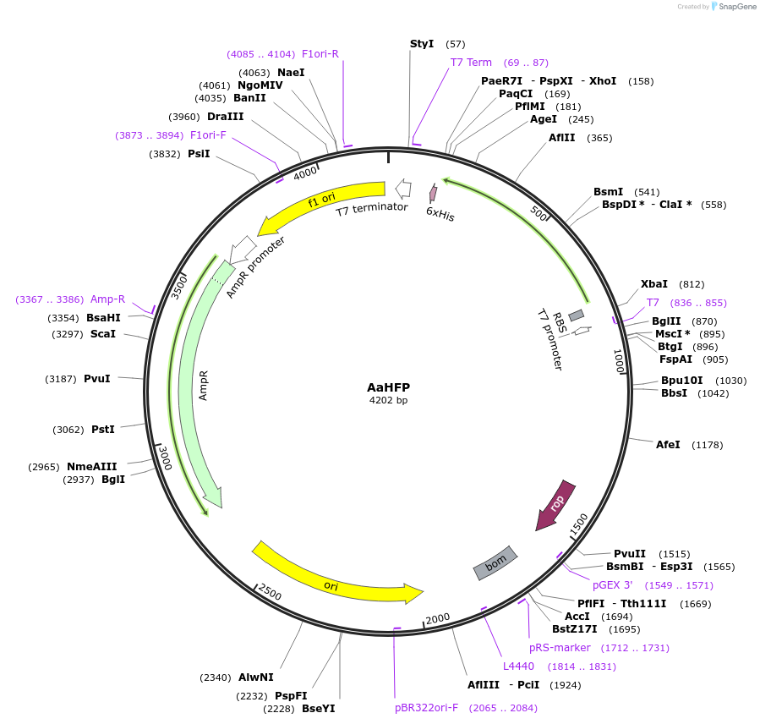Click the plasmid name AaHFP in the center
pos(388,387)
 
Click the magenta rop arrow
pos(555,505)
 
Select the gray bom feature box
pos(495,562)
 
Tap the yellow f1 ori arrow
pos(320,204)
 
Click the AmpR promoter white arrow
pos(242,250)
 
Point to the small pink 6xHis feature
pos(433,193)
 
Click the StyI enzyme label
pos(422,44)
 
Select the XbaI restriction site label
pos(653,283)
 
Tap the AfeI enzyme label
pos(667,444)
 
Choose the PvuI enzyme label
pos(97,378)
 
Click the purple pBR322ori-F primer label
pos(426,708)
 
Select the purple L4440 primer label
pos(518,666)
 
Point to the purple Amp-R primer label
pos(107,299)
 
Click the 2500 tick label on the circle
pos(270,592)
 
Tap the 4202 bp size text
pos(388,400)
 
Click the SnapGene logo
pos(734,6)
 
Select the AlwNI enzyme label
pos(256,677)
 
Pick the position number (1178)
pos(708,445)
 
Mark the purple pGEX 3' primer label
pos(612,584)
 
